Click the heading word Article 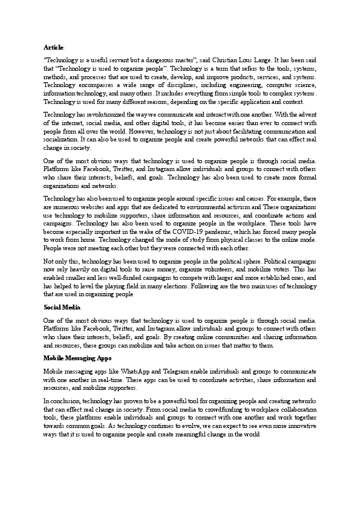point(53,47)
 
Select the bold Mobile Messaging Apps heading point(77,358)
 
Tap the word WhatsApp point(134,371)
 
